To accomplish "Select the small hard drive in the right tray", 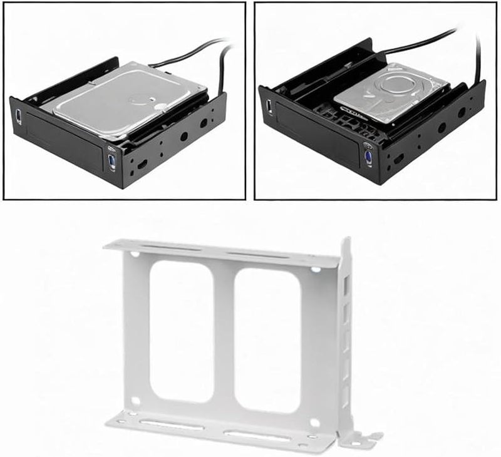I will pos(391,92).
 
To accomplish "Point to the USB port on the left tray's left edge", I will pos(18,116).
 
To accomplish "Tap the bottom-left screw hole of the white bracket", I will pos(133,401).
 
